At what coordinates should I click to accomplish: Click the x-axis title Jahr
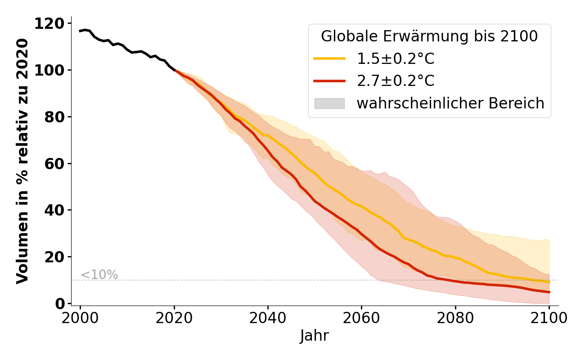click(315, 336)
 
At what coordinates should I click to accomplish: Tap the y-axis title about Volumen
click(22, 161)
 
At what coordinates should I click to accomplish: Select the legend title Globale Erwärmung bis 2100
click(429, 36)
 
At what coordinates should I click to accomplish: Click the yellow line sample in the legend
click(329, 58)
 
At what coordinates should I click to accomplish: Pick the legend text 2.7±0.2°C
click(396, 81)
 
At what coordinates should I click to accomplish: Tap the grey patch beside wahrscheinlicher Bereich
click(329, 103)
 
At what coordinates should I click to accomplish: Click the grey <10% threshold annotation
click(99, 275)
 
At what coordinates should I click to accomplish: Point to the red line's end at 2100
click(549, 292)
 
